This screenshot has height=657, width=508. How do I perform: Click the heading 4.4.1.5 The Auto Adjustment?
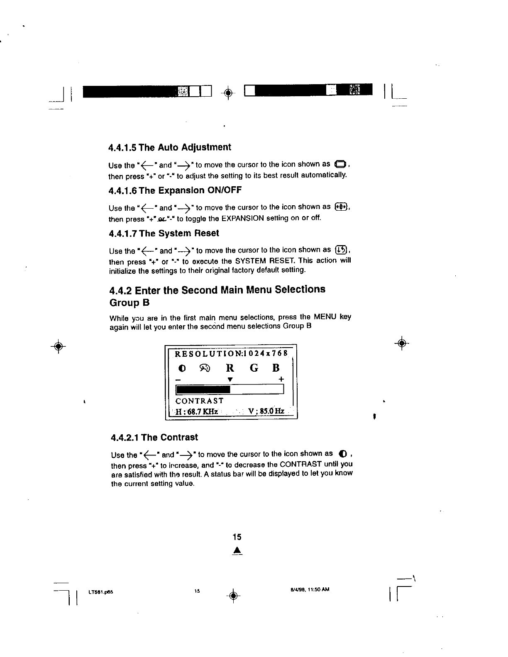tap(170, 148)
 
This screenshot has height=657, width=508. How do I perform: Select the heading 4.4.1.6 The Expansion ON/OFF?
tap(175, 190)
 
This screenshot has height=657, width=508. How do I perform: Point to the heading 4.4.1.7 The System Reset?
tap(164, 234)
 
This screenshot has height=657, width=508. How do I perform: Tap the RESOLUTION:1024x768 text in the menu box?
tap(231, 354)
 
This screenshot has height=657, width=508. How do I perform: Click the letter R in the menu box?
tap(230, 368)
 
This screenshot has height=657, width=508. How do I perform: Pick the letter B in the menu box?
tap(276, 368)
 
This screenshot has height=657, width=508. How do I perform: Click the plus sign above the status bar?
tap(281, 379)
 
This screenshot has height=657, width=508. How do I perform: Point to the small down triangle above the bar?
tap(230, 379)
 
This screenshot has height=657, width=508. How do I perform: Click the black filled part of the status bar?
tap(203, 389)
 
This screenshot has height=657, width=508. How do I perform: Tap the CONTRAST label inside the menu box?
tap(200, 401)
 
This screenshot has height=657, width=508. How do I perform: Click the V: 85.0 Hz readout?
tap(266, 411)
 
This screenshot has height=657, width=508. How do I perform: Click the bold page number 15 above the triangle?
tap(237, 537)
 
